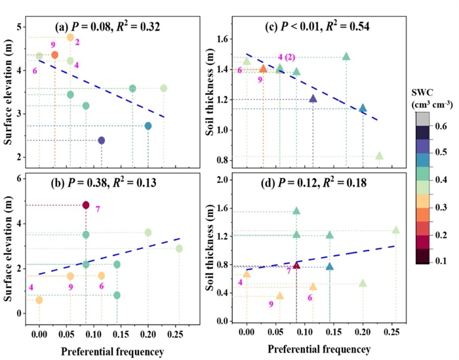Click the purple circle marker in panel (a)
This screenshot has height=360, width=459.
(101, 140)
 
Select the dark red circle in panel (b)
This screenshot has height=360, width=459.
(86, 205)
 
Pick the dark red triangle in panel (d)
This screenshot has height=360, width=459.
(296, 266)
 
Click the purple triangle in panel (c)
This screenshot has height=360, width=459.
(313, 99)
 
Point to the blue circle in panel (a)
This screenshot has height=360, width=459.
(148, 126)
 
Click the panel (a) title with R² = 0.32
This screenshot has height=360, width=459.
(108, 28)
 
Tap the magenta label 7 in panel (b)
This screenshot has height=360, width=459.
(97, 209)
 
